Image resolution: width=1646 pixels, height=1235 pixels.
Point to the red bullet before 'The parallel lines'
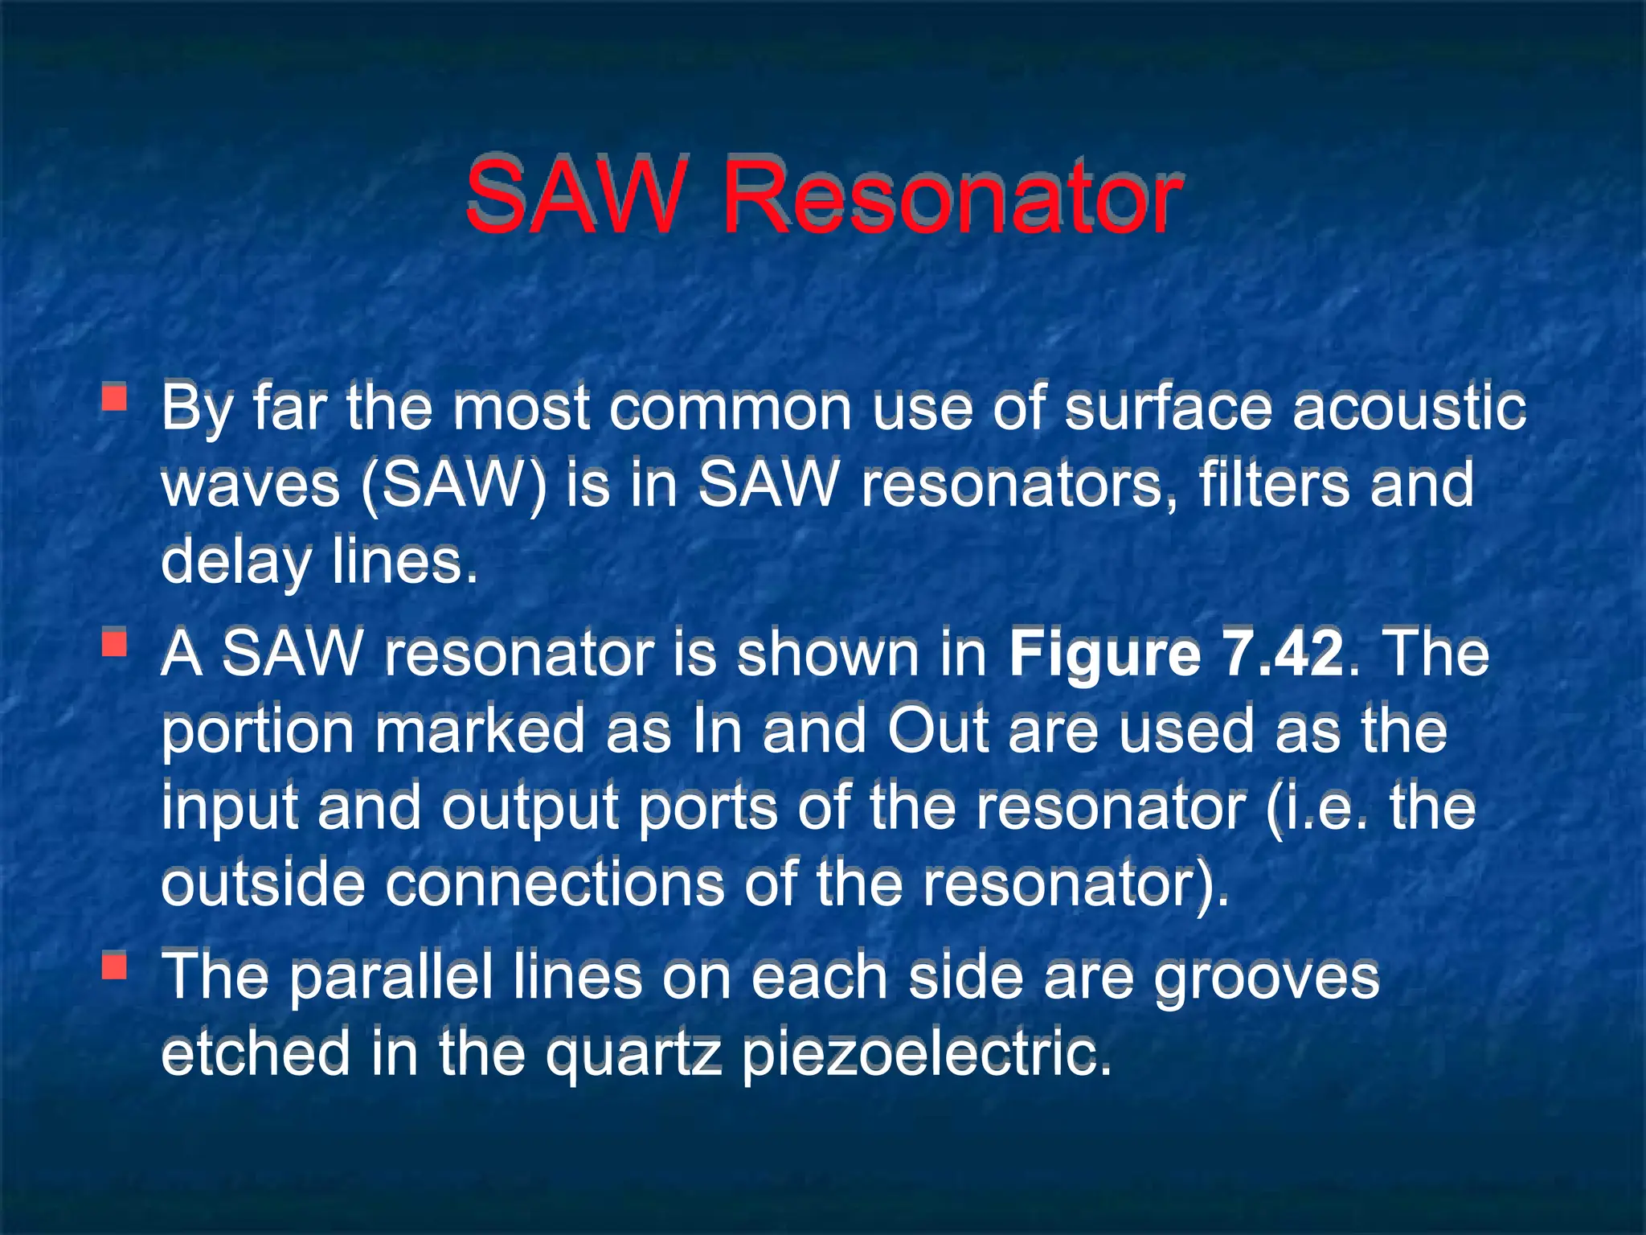115,966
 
